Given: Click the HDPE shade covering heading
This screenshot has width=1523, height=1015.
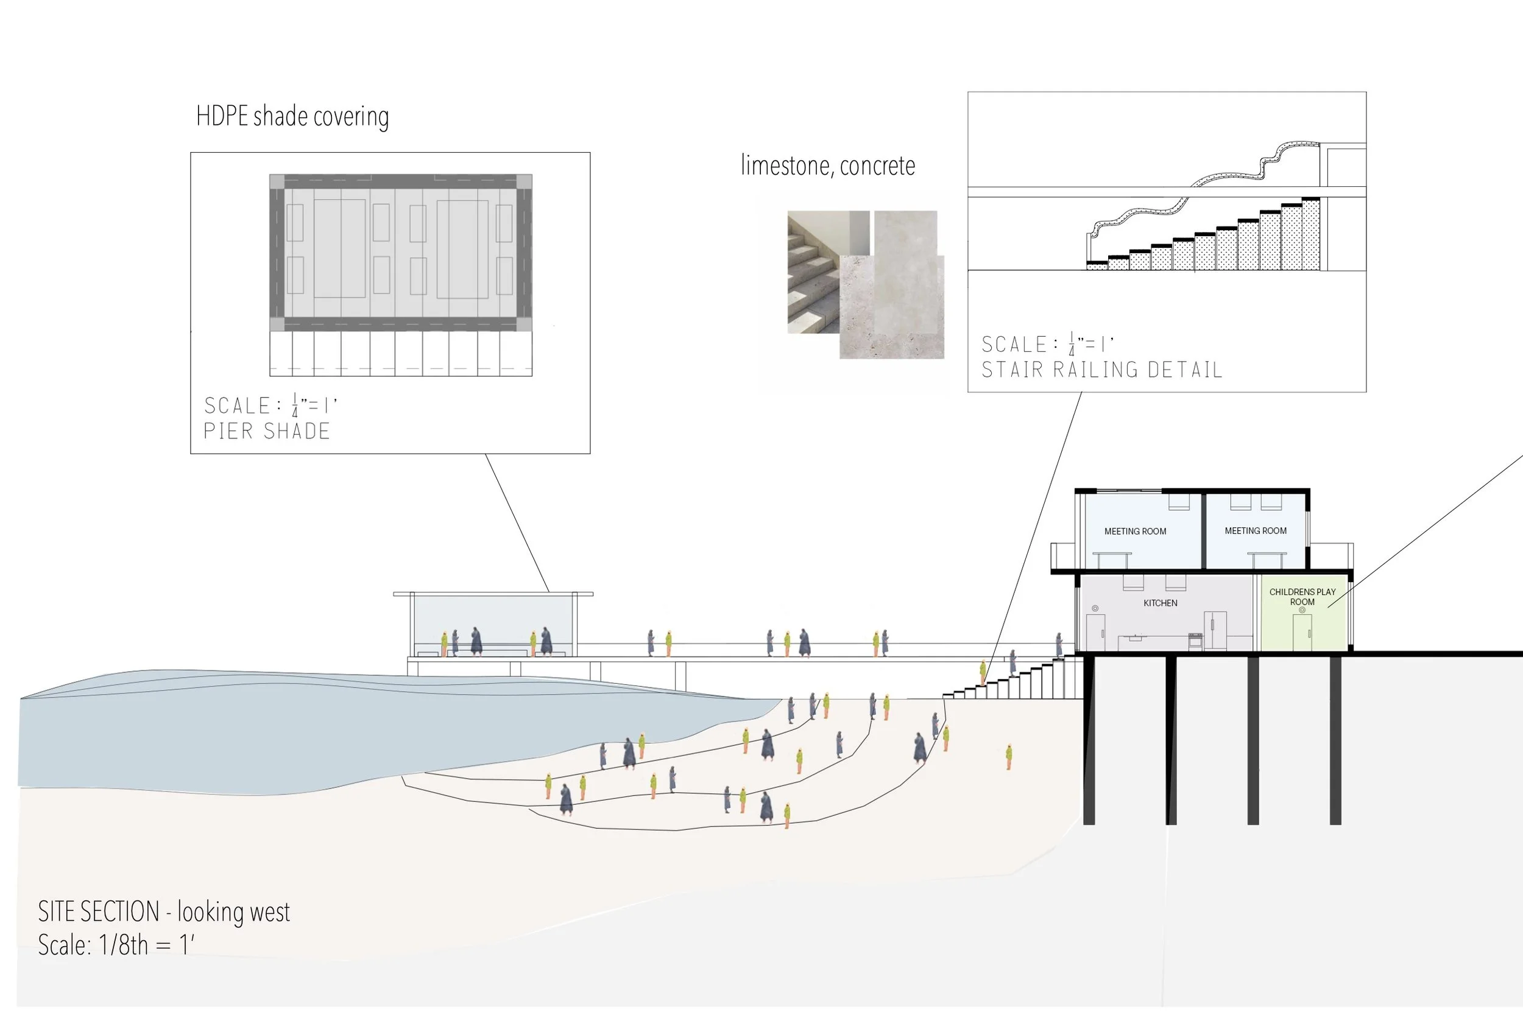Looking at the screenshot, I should click(292, 116).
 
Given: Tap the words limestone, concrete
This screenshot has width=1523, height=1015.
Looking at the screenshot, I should click(827, 166).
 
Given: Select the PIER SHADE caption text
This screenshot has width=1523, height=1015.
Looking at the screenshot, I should click(267, 431).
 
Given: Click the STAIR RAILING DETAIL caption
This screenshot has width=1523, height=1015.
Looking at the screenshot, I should click(1101, 370).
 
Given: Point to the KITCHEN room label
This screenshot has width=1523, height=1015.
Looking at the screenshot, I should click(1160, 603).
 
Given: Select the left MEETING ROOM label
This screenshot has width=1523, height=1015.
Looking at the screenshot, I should click(1134, 532).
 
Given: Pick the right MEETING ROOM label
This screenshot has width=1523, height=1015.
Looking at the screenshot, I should click(1255, 531).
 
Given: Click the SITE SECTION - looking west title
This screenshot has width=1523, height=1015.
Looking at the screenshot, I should click(164, 911).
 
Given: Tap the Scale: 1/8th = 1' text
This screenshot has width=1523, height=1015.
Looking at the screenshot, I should click(116, 945).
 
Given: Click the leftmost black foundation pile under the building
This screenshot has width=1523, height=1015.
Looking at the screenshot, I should click(1089, 738).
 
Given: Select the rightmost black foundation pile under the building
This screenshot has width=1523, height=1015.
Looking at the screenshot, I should click(1335, 738).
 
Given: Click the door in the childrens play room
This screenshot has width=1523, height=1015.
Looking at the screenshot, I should click(1301, 632).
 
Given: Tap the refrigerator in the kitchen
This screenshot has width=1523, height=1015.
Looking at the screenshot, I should click(1215, 630).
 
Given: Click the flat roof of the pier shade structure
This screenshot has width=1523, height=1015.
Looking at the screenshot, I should click(493, 594).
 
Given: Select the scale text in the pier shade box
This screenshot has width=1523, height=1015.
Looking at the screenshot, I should click(270, 406).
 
